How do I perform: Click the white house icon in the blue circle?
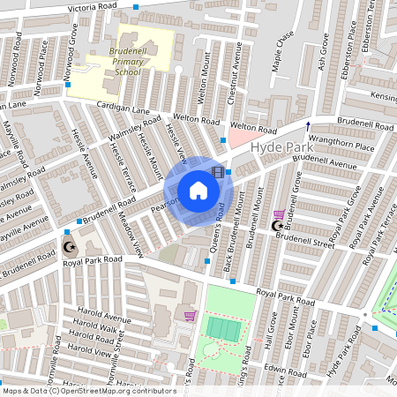[198, 191]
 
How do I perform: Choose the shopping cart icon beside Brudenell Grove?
[280, 214]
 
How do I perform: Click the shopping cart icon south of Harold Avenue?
[189, 315]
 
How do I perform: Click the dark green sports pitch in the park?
[223, 328]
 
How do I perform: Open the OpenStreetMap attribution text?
[77, 390]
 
